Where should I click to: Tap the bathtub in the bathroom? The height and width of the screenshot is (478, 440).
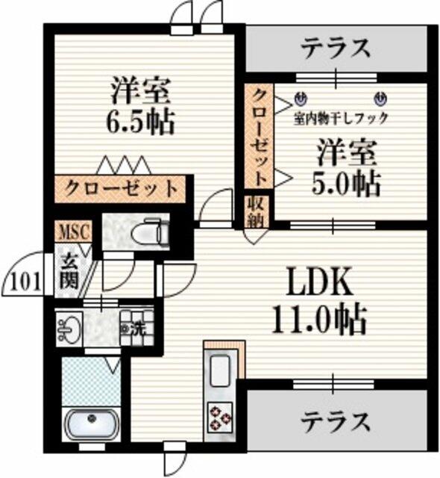[91, 422]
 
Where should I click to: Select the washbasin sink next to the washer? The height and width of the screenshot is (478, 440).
[69, 328]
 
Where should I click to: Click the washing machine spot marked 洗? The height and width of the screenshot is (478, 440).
[136, 328]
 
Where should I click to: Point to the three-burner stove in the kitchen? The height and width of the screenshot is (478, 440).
[220, 417]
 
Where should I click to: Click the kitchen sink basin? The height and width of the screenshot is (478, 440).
[220, 371]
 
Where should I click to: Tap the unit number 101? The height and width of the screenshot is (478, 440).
[26, 282]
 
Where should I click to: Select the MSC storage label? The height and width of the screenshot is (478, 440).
[75, 232]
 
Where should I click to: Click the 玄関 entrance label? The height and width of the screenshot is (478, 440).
[69, 271]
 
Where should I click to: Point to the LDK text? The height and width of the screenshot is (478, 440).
[319, 282]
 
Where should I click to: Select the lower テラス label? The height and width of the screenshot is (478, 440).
[336, 422]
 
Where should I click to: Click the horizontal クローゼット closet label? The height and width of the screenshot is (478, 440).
[121, 188]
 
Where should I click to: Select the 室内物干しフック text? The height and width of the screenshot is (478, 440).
[341, 118]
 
